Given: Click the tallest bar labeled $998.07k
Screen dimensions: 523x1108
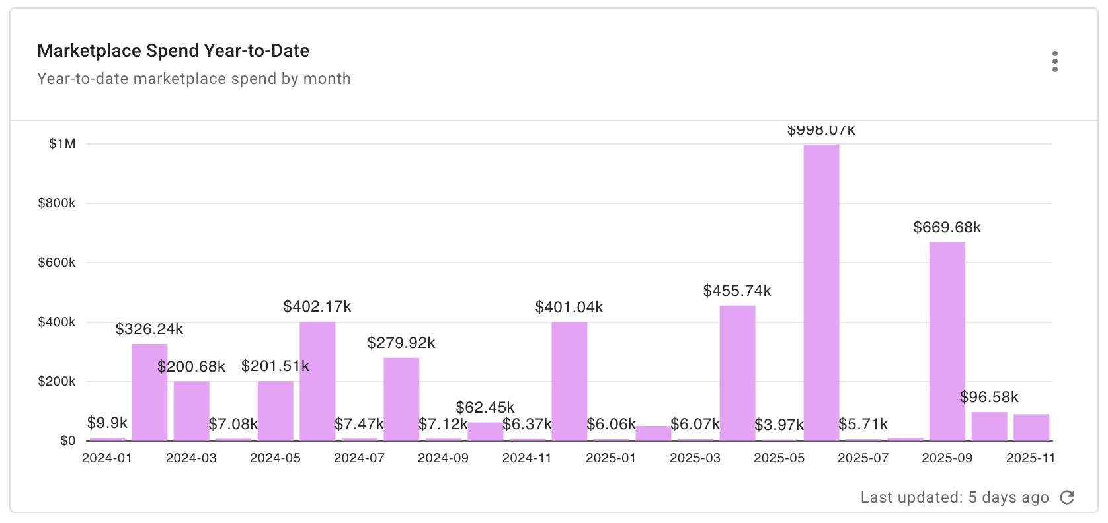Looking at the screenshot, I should pyautogui.click(x=821, y=293).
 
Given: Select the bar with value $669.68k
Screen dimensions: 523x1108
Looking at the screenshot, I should pyautogui.click(x=947, y=341).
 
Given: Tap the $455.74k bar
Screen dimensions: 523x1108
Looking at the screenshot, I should pyautogui.click(x=737, y=373).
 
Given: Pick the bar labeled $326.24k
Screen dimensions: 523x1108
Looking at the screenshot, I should pyautogui.click(x=149, y=392).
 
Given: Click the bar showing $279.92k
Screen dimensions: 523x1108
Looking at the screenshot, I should pyautogui.click(x=401, y=400).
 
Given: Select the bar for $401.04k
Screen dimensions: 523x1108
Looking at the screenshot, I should pyautogui.click(x=569, y=381).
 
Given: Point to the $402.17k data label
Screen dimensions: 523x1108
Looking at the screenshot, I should pyautogui.click(x=317, y=306).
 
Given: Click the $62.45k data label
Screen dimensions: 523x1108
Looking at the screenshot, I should pyautogui.click(x=485, y=407).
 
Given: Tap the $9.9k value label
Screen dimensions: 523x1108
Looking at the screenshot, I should pyautogui.click(x=107, y=423).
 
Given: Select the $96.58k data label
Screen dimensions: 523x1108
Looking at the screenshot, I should pyautogui.click(x=989, y=397).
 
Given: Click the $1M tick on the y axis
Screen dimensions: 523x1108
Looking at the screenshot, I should pyautogui.click(x=62, y=144).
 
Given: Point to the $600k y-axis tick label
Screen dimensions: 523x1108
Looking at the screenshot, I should pyautogui.click(x=57, y=263).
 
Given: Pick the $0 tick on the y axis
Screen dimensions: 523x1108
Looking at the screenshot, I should pyautogui.click(x=67, y=441).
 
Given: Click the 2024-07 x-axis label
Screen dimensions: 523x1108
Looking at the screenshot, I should pyautogui.click(x=359, y=458).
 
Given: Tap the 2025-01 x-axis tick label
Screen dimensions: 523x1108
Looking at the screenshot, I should pyautogui.click(x=611, y=458).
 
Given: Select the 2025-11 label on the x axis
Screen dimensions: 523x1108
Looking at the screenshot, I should pyautogui.click(x=1030, y=458).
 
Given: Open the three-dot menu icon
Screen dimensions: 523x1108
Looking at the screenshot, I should pyautogui.click(x=1055, y=61).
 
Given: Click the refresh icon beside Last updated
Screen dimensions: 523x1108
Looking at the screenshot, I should pyautogui.click(x=1067, y=497).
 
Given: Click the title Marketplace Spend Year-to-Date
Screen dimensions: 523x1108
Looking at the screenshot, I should pyautogui.click(x=173, y=51).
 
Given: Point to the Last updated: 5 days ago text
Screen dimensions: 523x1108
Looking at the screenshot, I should pyautogui.click(x=954, y=497).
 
